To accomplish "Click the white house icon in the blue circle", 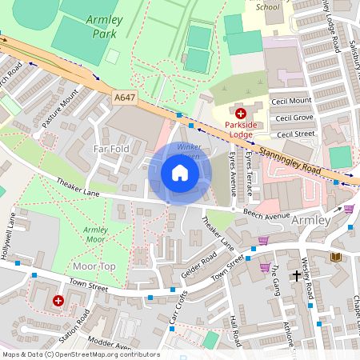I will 180,173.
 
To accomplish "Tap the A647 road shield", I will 124,97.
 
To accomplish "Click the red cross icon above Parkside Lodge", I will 240,114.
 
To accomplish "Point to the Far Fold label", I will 111,149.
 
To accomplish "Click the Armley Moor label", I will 94,234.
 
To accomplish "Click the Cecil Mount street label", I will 293,101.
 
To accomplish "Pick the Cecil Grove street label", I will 293,118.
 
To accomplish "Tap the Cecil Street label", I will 293,134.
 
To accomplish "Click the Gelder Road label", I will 198,266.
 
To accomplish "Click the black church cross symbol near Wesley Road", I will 296,275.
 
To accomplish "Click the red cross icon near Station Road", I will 58,301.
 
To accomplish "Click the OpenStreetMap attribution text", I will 80,354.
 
